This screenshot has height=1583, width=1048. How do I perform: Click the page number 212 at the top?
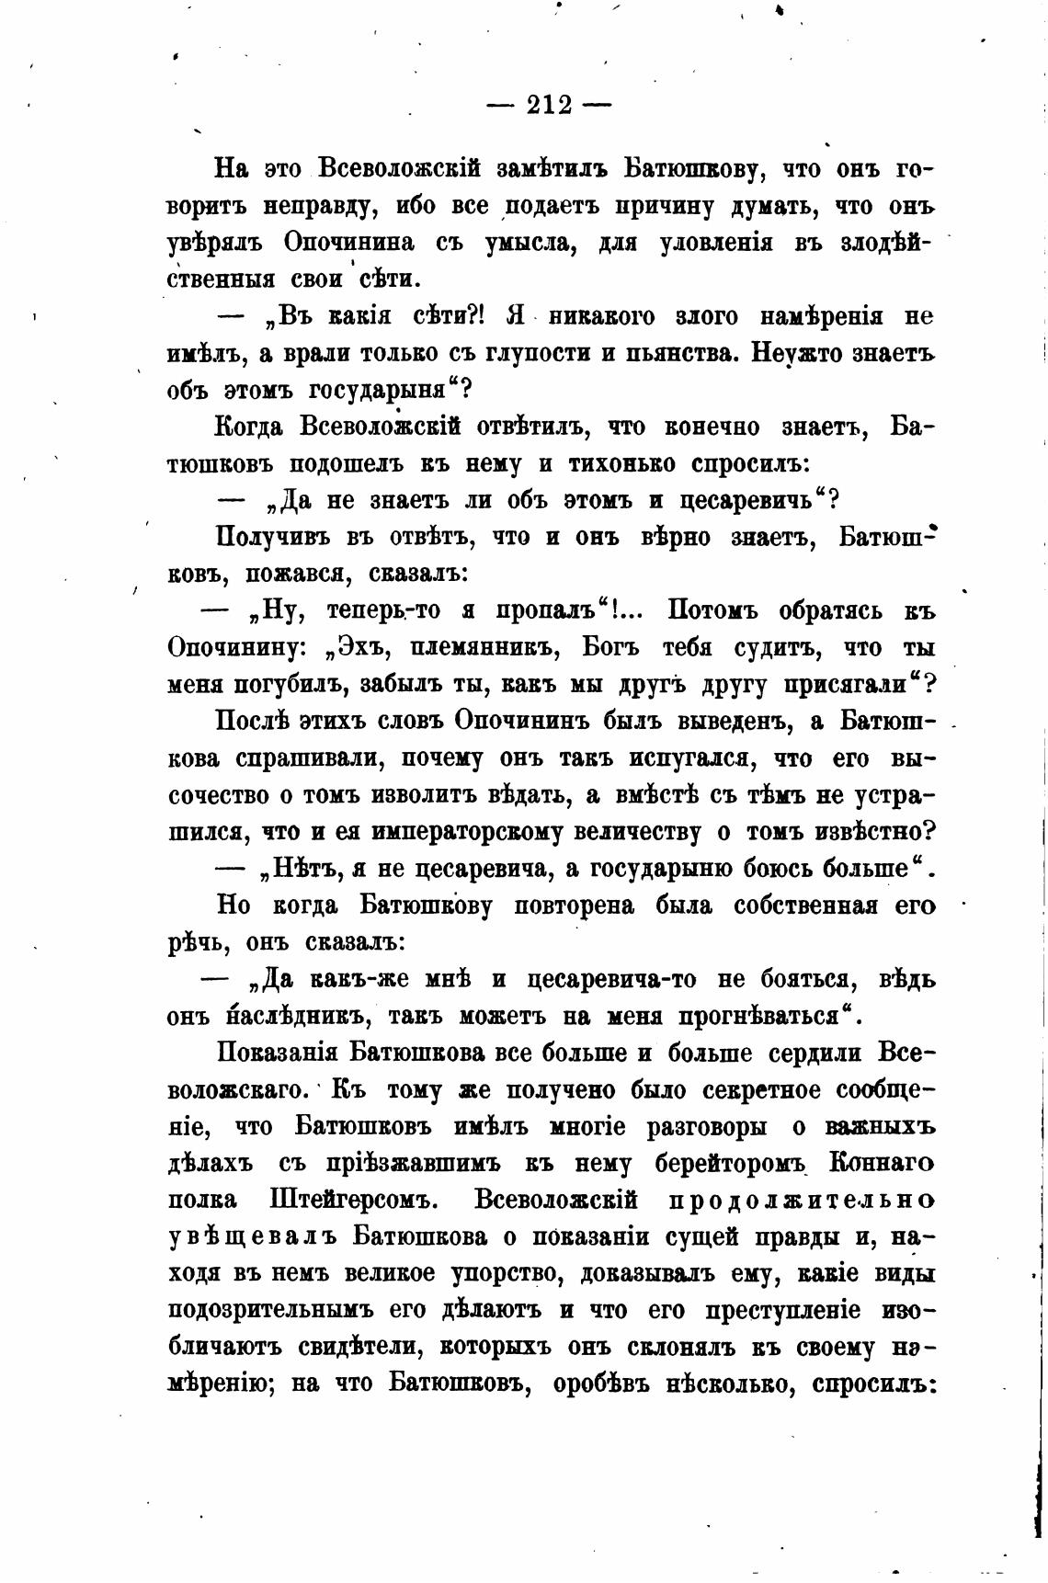[x=549, y=105]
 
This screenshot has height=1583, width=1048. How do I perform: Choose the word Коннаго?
[x=882, y=1164]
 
